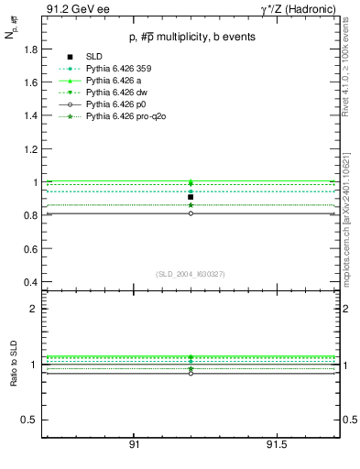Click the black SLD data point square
point(191,197)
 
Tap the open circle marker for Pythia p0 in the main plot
point(191,213)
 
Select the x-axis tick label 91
point(134,444)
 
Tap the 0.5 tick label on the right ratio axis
point(351,420)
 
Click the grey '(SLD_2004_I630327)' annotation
point(191,274)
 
